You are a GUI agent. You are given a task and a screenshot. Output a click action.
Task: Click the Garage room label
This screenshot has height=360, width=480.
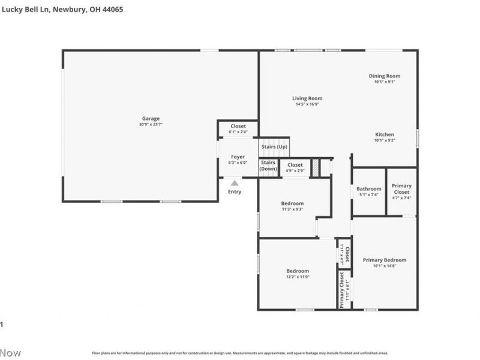click(x=151, y=118)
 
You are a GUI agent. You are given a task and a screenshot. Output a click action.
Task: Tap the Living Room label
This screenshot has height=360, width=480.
click(x=307, y=98)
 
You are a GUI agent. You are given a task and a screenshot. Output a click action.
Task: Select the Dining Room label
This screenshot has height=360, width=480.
click(x=384, y=76)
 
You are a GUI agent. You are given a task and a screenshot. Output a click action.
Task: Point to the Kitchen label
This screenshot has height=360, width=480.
click(x=384, y=134)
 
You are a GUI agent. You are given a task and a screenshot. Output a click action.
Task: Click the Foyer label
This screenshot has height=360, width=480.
click(x=238, y=157)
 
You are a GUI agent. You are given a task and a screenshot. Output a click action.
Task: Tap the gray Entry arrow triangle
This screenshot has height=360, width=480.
click(x=235, y=183)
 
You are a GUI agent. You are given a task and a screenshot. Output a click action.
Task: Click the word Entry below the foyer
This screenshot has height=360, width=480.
click(x=235, y=192)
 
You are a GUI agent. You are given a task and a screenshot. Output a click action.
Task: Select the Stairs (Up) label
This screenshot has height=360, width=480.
click(x=274, y=147)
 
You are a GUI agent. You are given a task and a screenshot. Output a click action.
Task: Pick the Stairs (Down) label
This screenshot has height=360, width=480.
click(x=268, y=166)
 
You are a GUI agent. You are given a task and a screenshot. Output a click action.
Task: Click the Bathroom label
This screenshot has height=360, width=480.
click(x=368, y=189)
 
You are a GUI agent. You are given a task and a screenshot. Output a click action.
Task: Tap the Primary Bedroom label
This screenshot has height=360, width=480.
click(x=385, y=260)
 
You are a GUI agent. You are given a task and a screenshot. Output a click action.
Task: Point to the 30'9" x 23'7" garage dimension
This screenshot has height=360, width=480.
click(x=151, y=125)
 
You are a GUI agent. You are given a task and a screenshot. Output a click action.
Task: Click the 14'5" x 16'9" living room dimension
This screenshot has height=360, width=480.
click(x=307, y=104)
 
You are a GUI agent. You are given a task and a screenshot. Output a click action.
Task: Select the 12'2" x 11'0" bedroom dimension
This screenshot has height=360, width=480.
click(x=298, y=277)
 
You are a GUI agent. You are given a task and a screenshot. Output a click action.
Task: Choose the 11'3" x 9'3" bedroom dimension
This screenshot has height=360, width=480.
click(x=293, y=209)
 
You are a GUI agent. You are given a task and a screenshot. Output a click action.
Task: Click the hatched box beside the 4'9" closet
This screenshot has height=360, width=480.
click(x=314, y=168)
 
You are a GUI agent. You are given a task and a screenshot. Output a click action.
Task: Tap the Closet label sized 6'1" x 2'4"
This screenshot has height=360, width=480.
click(x=238, y=126)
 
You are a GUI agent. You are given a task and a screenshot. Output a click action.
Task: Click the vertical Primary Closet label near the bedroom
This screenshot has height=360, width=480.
click(x=341, y=290)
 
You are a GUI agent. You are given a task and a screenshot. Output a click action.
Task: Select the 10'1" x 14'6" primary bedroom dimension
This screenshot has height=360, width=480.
click(x=385, y=266)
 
